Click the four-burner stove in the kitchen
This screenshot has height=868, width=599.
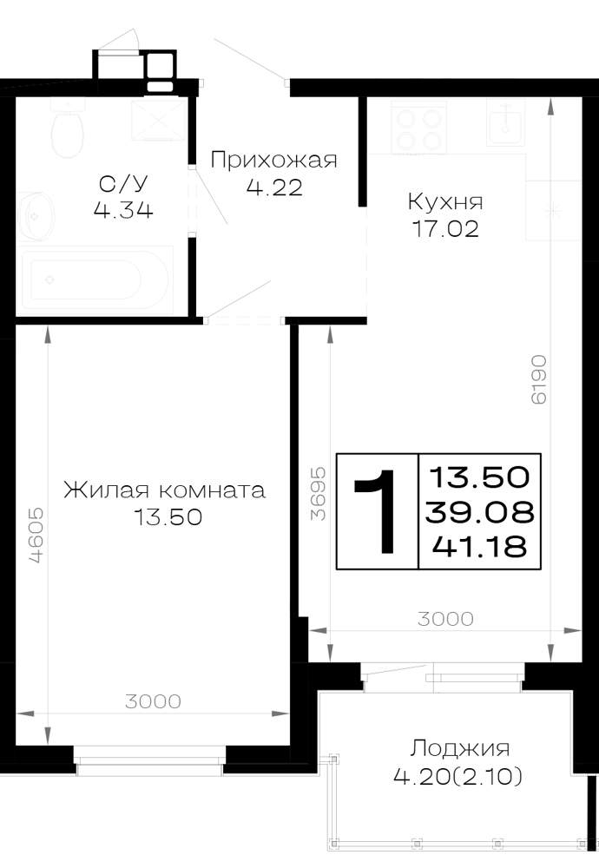pos(418,127)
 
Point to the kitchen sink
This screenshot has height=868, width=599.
pos(505,122)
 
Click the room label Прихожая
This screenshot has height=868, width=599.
pos(273,160)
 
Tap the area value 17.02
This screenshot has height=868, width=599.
pos(445,228)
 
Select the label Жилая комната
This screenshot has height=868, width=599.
pos(164,490)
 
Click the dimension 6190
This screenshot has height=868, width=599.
pos(538,379)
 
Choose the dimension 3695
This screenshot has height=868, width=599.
pos(318,495)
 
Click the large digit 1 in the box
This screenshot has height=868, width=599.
pos(377,511)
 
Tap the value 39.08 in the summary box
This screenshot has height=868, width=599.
pos(479,513)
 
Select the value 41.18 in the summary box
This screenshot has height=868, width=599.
pos(479,547)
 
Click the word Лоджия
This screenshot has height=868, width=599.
pos(459,748)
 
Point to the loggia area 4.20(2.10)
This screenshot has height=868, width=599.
pos(457,777)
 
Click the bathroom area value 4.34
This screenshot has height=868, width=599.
pos(123,210)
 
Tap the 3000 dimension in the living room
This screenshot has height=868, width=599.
pos(153,702)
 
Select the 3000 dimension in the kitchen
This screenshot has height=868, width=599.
pos(445,619)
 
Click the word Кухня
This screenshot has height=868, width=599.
pos(445,201)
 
